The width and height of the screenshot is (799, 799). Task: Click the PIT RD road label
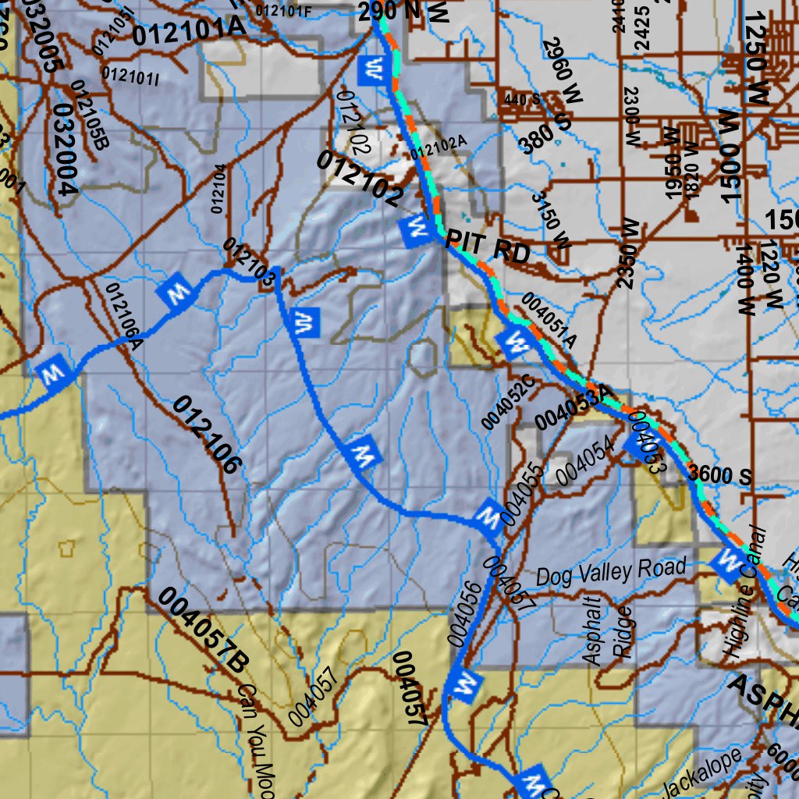[x=488, y=250]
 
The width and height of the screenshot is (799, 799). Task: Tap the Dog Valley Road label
[x=611, y=571]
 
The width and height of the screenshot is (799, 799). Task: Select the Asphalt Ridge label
[x=607, y=628]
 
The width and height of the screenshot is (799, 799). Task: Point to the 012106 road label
[x=205, y=435]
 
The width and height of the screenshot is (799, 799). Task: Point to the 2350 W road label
[x=629, y=254]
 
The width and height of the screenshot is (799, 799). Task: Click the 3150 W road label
[x=551, y=221]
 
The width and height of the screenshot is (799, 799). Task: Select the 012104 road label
[x=218, y=188]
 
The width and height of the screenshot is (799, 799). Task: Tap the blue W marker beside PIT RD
[x=415, y=229]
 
